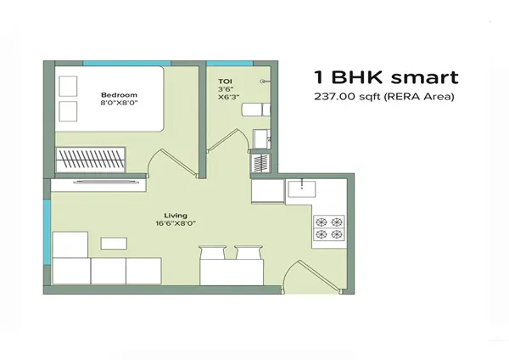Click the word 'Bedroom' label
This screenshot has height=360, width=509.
[x=115, y=94]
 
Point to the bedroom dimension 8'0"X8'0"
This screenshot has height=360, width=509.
[x=116, y=104]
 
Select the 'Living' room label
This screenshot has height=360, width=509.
[x=177, y=216]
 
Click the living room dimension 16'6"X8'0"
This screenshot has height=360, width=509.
[x=177, y=225]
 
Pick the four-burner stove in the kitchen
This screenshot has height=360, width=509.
[x=329, y=228]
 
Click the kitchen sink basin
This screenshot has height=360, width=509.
[x=302, y=188]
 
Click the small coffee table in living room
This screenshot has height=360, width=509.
[x=113, y=244]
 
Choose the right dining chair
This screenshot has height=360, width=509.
[x=246, y=252]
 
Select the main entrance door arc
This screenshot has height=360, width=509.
[x=299, y=273]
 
